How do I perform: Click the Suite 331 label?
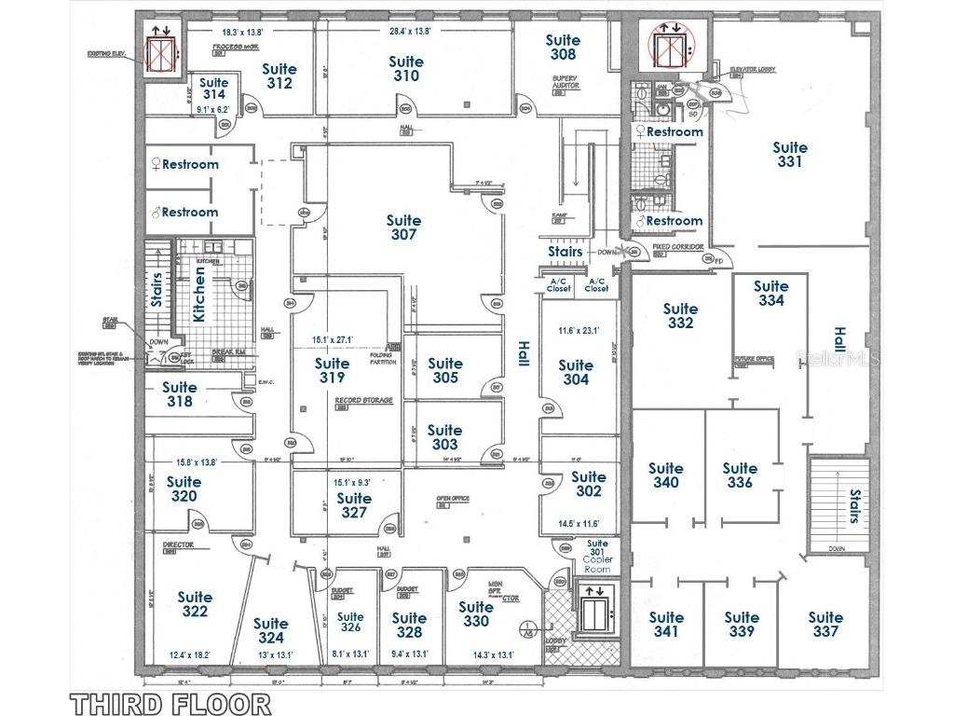pyautogui.click(x=790, y=155)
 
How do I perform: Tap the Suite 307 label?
pyautogui.click(x=403, y=227)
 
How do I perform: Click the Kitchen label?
pyautogui.click(x=199, y=294)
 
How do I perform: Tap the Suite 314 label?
pyautogui.click(x=213, y=89)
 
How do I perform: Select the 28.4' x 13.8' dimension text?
pyautogui.click(x=410, y=31)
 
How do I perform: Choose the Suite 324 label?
pyautogui.click(x=271, y=630)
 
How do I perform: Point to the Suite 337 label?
pyautogui.click(x=825, y=624)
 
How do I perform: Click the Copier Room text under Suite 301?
pyautogui.click(x=597, y=563)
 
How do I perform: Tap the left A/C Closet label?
pyautogui.click(x=559, y=284)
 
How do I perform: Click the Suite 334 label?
pyautogui.click(x=770, y=293)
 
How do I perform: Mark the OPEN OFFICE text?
pyautogui.click(x=453, y=499)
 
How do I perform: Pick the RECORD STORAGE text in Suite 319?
pyautogui.click(x=363, y=400)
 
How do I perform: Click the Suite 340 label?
pyautogui.click(x=666, y=475)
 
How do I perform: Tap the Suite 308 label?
pyautogui.click(x=563, y=47)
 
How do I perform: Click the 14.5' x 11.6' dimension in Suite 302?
pyautogui.click(x=577, y=524)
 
